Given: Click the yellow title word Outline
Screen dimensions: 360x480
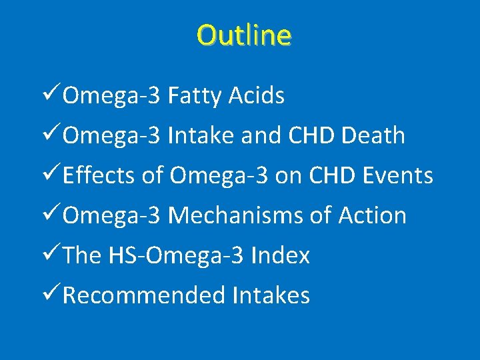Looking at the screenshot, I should click(x=244, y=35).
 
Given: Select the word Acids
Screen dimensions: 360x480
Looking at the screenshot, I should click(x=257, y=96).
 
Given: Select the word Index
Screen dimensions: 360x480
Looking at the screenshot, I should click(x=281, y=255).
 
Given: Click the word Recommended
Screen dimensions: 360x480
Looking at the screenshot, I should click(x=143, y=295).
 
